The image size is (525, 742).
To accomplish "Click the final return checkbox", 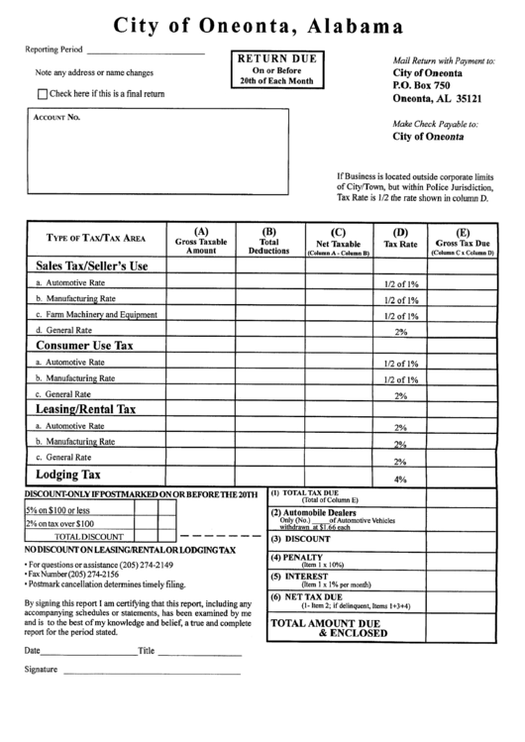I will point(42,94).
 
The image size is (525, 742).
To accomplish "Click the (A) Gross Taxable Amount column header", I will point(201,242).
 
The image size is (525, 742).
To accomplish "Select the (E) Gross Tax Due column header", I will point(463,242).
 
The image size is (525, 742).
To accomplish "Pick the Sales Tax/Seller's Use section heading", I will point(92,265).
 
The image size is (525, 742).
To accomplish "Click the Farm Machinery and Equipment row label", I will point(97,314).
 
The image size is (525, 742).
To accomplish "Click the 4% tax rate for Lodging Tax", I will point(400,479).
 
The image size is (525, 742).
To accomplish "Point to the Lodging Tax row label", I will point(68,476).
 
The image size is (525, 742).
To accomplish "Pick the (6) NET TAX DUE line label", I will point(307,597).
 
